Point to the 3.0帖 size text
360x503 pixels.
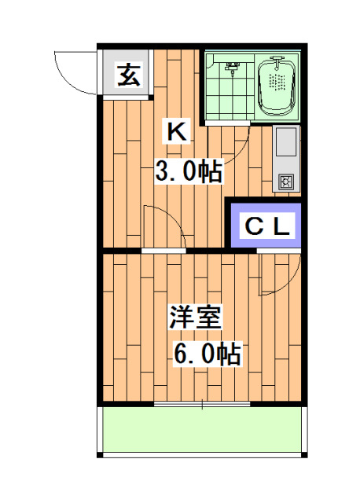[187, 171]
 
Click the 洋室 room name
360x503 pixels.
[196, 318]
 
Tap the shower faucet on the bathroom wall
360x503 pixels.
[231, 67]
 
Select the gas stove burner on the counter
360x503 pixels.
[285, 182]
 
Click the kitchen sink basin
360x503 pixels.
[284, 144]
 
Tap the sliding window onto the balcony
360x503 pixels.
[202, 404]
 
